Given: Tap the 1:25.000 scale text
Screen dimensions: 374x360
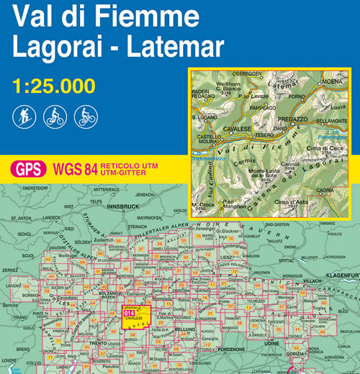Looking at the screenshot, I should pos(54,86).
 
